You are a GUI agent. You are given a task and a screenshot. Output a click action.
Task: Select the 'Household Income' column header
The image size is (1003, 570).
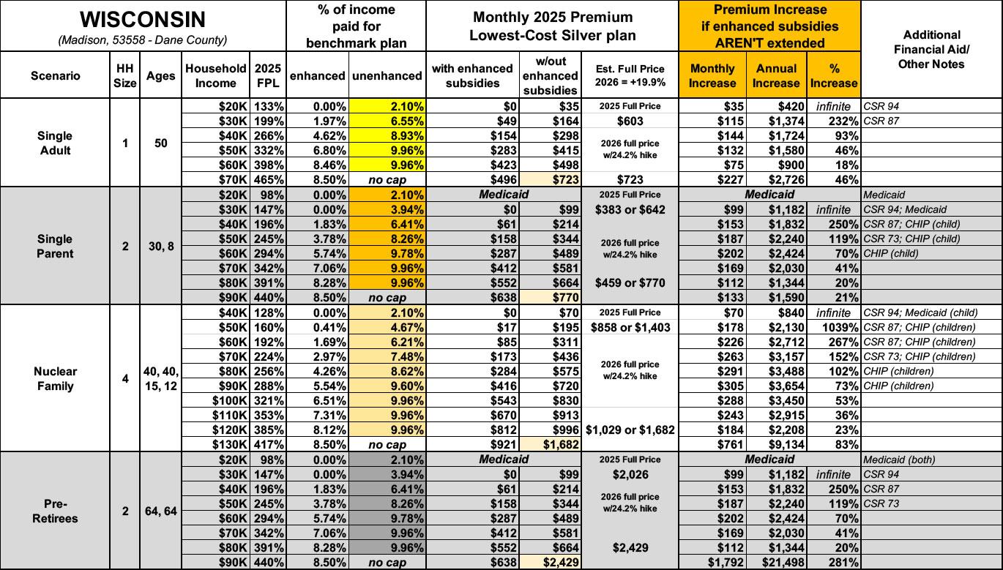coord(215,75)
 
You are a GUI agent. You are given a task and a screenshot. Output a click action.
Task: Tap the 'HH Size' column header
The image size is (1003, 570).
coord(125,75)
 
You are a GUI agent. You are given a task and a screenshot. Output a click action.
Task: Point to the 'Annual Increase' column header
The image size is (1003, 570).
coord(776,75)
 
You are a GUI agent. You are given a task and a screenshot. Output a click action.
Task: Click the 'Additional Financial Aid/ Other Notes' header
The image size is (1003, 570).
coord(932,49)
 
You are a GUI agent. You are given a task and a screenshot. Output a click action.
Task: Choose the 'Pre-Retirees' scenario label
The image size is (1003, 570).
coord(55,511)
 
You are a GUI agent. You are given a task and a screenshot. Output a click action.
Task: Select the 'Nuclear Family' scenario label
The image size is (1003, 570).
coord(55,378)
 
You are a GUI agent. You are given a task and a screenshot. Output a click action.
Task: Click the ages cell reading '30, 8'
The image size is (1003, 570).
coord(160,247)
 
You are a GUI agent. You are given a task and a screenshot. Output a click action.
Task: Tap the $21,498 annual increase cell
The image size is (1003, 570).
coord(777,563)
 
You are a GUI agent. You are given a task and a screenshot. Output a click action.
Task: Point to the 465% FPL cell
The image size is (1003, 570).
coord(268,180)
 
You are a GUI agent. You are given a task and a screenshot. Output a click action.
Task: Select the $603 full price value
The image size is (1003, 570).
coord(630,121)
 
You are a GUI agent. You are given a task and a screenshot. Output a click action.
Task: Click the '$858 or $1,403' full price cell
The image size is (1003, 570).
coord(630,327)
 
